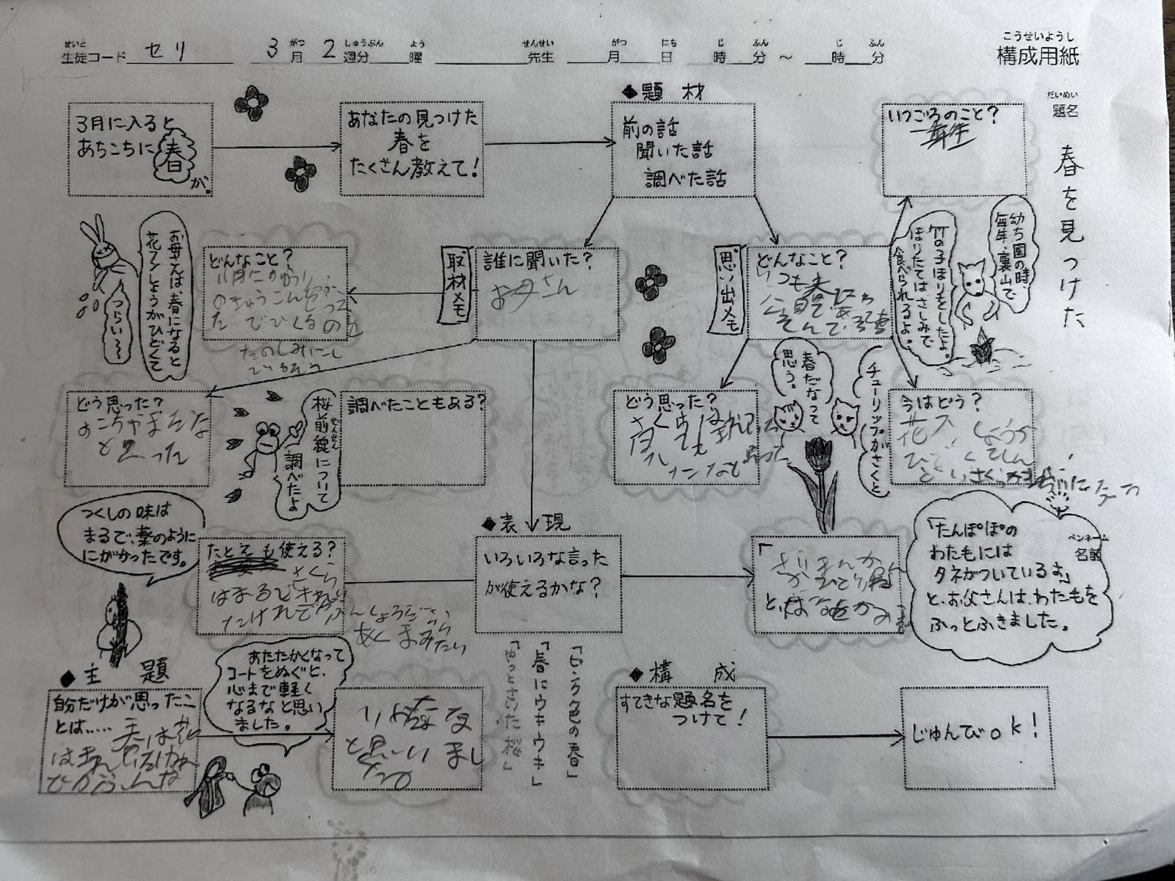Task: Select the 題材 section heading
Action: (x=665, y=93)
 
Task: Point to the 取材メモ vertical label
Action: (x=455, y=286)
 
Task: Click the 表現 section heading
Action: (x=524, y=523)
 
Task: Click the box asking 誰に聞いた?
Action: (x=546, y=294)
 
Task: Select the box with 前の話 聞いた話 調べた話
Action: (x=683, y=150)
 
